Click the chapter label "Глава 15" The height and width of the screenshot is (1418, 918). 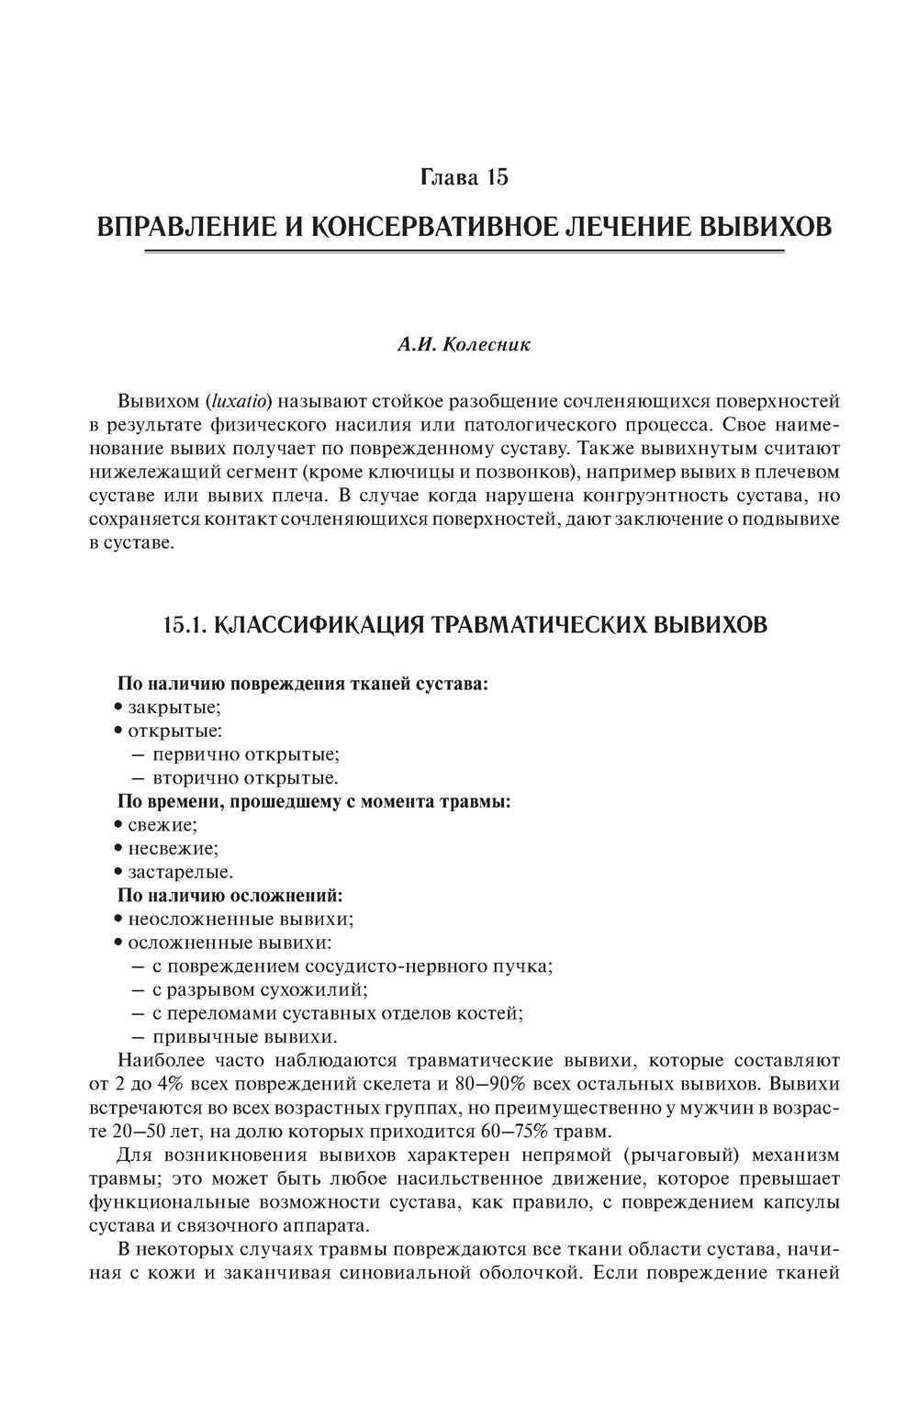(464, 177)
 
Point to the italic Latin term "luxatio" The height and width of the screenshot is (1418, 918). (239, 401)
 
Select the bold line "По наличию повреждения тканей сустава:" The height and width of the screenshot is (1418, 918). (303, 684)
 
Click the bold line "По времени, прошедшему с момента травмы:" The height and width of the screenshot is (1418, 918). (314, 801)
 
